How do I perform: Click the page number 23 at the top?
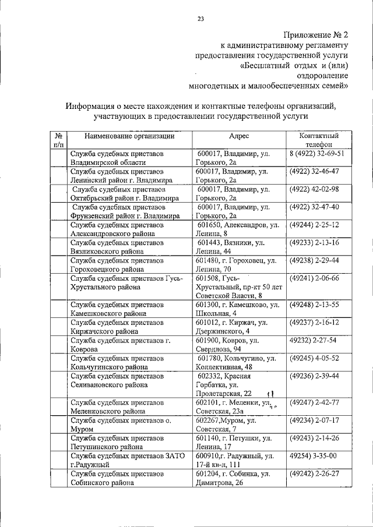pos(200,19)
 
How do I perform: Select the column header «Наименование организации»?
pos(129,136)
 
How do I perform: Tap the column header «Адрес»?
pos(239,136)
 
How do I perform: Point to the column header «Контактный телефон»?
pos(318,140)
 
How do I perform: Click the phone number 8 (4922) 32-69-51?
pos(317,154)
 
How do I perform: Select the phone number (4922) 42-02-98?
pos(318,190)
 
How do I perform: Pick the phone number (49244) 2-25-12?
pos(318,225)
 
